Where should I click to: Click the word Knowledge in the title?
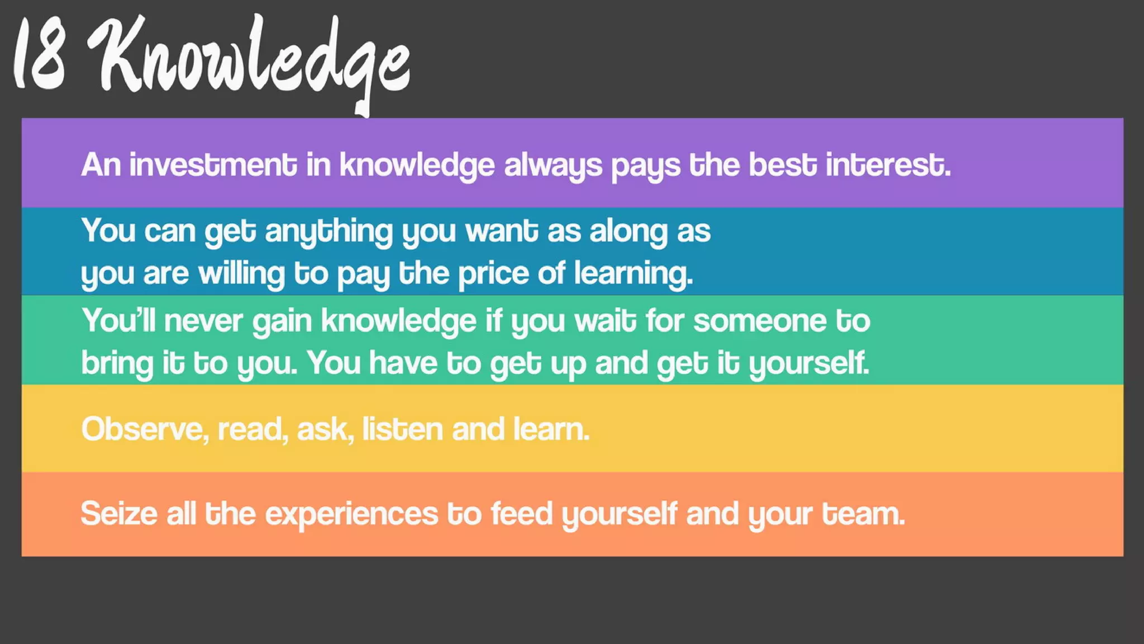point(251,59)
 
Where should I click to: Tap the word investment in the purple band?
point(213,165)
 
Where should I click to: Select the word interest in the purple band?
point(888,165)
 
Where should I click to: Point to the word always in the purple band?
point(553,166)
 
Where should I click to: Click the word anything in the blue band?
point(329,231)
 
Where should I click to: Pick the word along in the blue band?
point(628,231)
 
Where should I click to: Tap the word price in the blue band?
point(493,274)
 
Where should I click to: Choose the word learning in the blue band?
point(633,274)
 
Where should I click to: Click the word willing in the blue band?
point(241,274)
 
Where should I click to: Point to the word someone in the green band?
point(760,321)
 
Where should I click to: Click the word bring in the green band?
point(117,363)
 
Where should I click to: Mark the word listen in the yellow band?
point(403,429)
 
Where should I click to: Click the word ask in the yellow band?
point(325,429)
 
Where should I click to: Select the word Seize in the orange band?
point(119,514)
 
